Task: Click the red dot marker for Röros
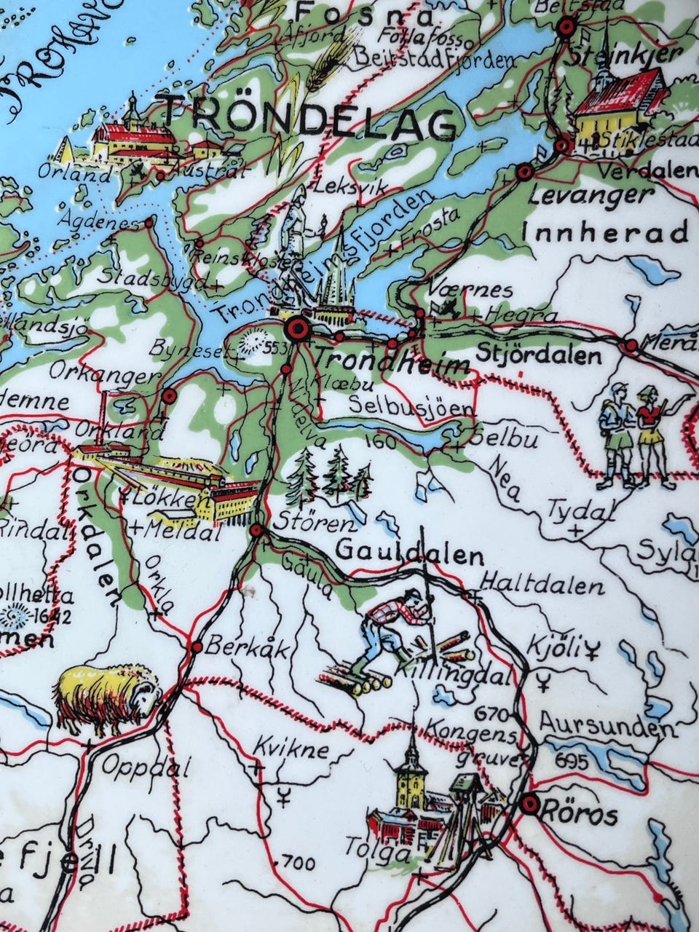530,804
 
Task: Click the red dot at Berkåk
196,647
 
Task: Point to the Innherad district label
604,233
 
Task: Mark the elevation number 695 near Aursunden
569,759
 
